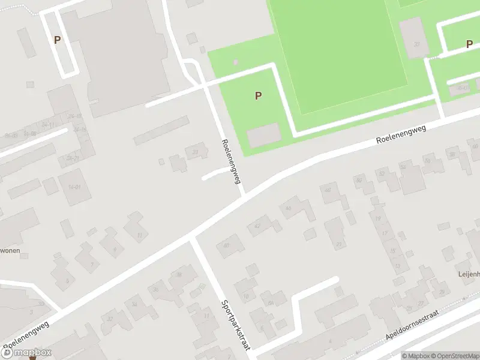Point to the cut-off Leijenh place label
tap(467, 274)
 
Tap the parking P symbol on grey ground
tap(58, 40)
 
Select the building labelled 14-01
tap(74, 187)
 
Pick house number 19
tap(378, 219)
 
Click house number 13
tap(398, 266)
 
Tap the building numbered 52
tap(403, 166)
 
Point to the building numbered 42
tap(258, 226)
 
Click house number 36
tap(156, 290)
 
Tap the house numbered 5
tap(67, 280)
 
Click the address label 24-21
tap(73, 158)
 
